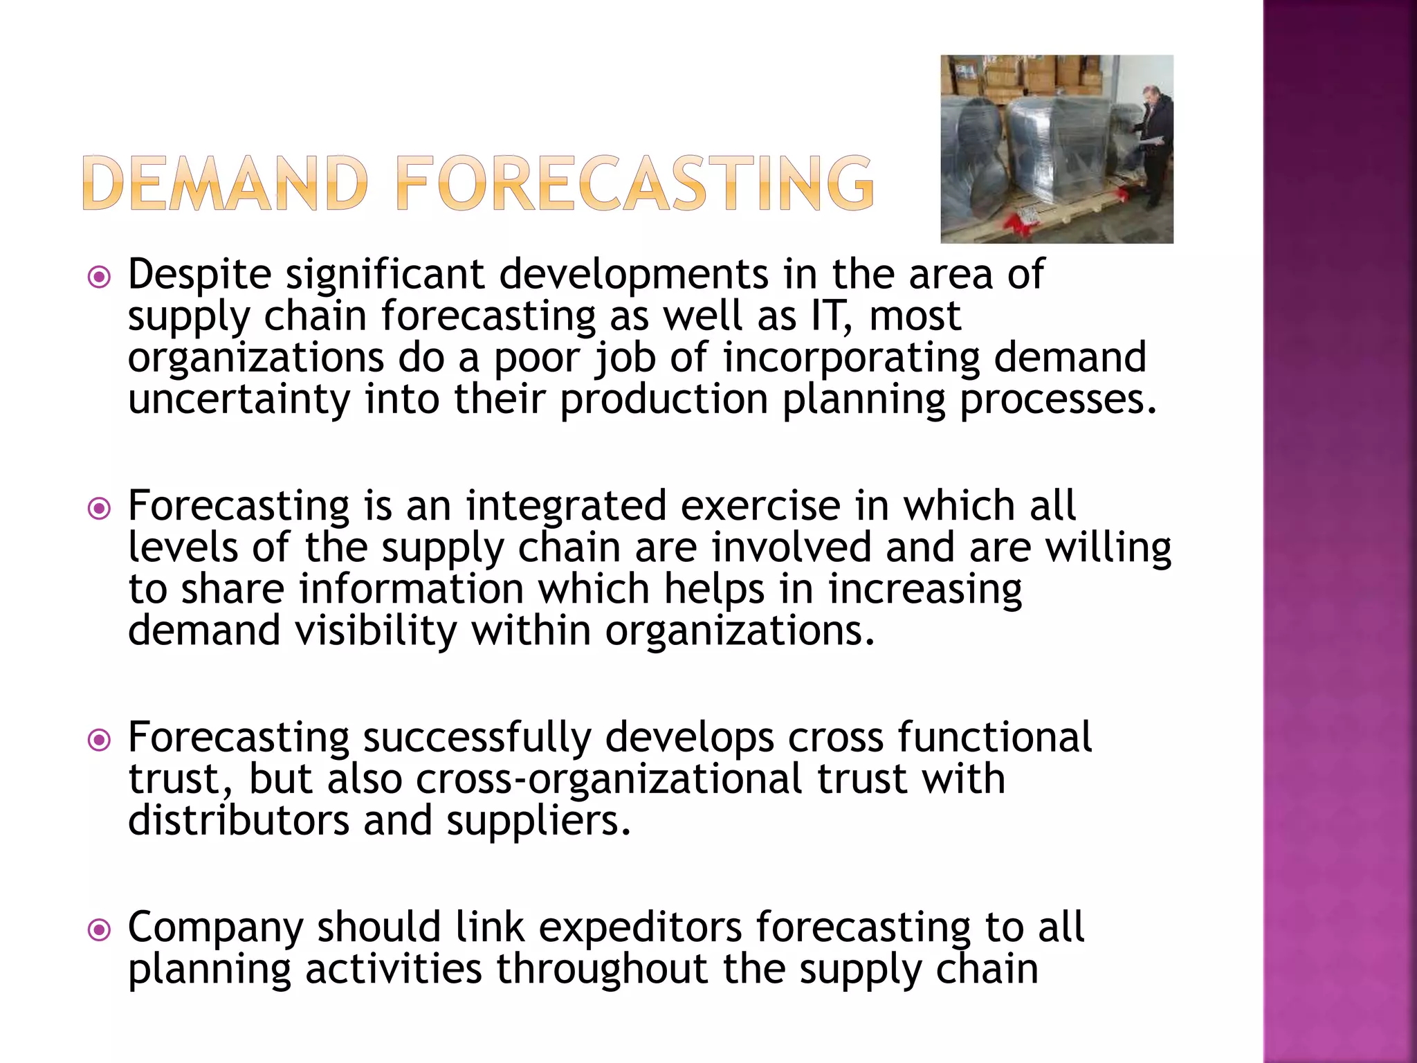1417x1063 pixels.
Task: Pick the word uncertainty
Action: pyautogui.click(x=239, y=400)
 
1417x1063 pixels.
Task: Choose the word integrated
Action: pyautogui.click(x=566, y=506)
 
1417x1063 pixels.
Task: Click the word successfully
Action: pyautogui.click(x=477, y=737)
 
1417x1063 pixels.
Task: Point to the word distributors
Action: pyautogui.click(x=239, y=821)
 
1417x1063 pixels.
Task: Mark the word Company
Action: pyautogui.click(x=215, y=927)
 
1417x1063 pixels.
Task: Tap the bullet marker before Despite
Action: pyautogui.click(x=100, y=278)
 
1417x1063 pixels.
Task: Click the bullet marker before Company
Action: pyautogui.click(x=100, y=930)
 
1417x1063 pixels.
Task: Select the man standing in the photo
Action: pyautogui.click(x=1151, y=145)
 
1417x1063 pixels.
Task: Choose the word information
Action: pyautogui.click(x=411, y=589)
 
